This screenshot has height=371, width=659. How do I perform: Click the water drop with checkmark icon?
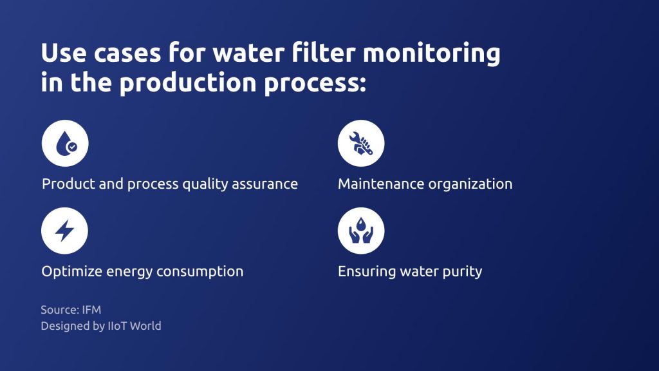pyautogui.click(x=65, y=144)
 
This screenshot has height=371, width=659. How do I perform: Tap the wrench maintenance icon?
pyautogui.click(x=361, y=144)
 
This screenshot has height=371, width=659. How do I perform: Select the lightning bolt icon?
pyautogui.click(x=65, y=231)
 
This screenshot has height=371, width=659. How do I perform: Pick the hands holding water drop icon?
pyautogui.click(x=361, y=231)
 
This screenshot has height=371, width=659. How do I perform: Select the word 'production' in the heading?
pyautogui.click(x=188, y=83)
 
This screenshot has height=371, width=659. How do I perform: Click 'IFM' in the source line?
pyautogui.click(x=91, y=310)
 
